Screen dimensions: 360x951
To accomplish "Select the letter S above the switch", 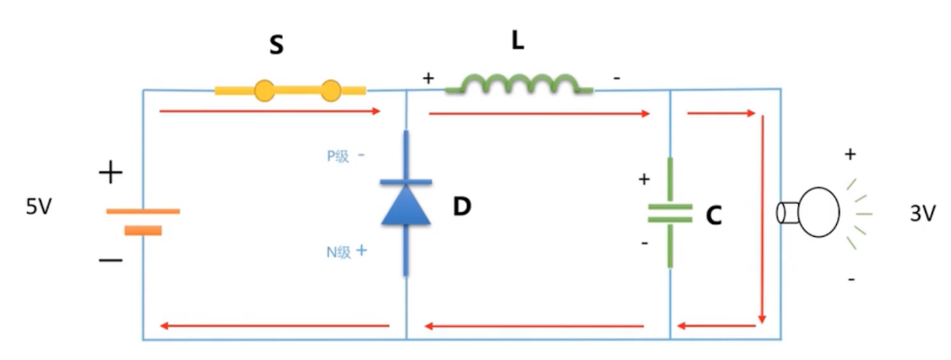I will (x=277, y=45).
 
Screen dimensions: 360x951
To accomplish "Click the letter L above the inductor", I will (x=518, y=41).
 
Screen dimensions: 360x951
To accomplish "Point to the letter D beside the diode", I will (x=462, y=207).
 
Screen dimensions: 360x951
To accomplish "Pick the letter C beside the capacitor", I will (x=714, y=215).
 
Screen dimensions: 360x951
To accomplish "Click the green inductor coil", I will (x=519, y=85).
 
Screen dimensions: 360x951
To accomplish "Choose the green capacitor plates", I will (x=670, y=213).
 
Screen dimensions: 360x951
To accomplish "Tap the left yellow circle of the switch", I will (x=264, y=90).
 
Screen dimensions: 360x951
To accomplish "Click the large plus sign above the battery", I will (x=111, y=172).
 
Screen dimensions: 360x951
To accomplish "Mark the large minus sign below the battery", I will (x=110, y=260).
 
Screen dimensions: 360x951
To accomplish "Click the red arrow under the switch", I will (x=269, y=113).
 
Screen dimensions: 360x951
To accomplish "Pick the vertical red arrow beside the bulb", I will (x=762, y=220).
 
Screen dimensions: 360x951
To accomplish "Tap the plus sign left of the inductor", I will (x=427, y=78).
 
